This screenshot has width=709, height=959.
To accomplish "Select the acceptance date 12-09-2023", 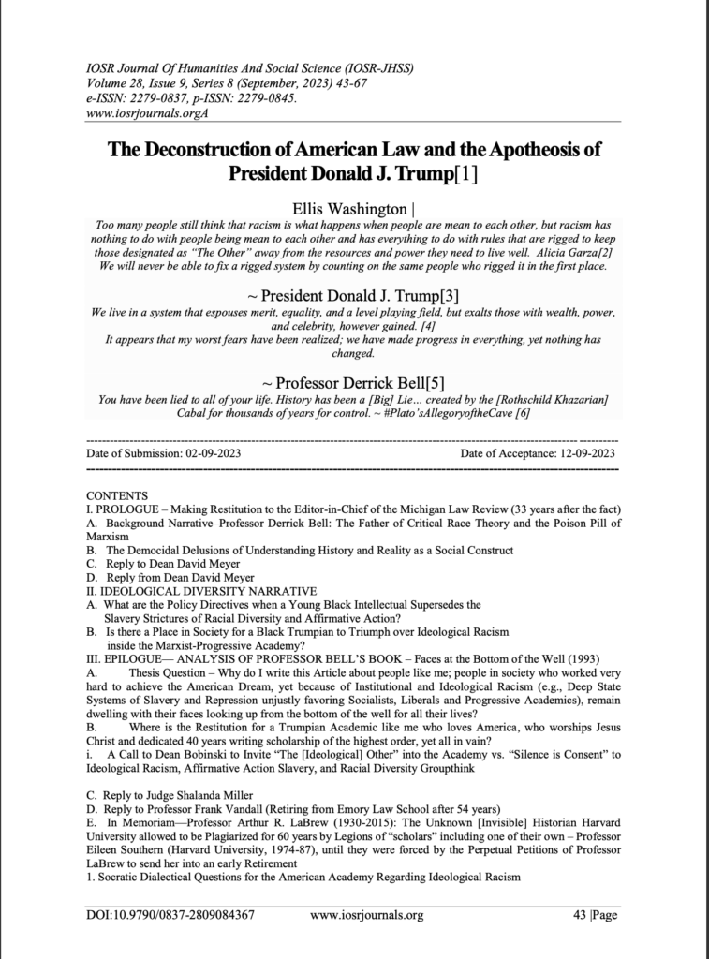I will point(581,453).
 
